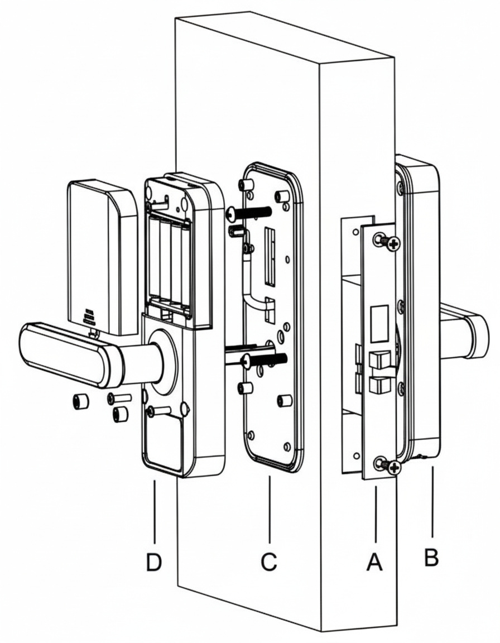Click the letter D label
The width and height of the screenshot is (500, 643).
[x=153, y=563]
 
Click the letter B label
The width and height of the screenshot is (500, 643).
[x=431, y=557]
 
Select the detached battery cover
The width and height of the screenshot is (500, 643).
[x=100, y=257]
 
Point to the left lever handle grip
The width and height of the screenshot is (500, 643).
[x=61, y=353]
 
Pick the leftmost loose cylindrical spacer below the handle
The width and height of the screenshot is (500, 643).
[x=80, y=402]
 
